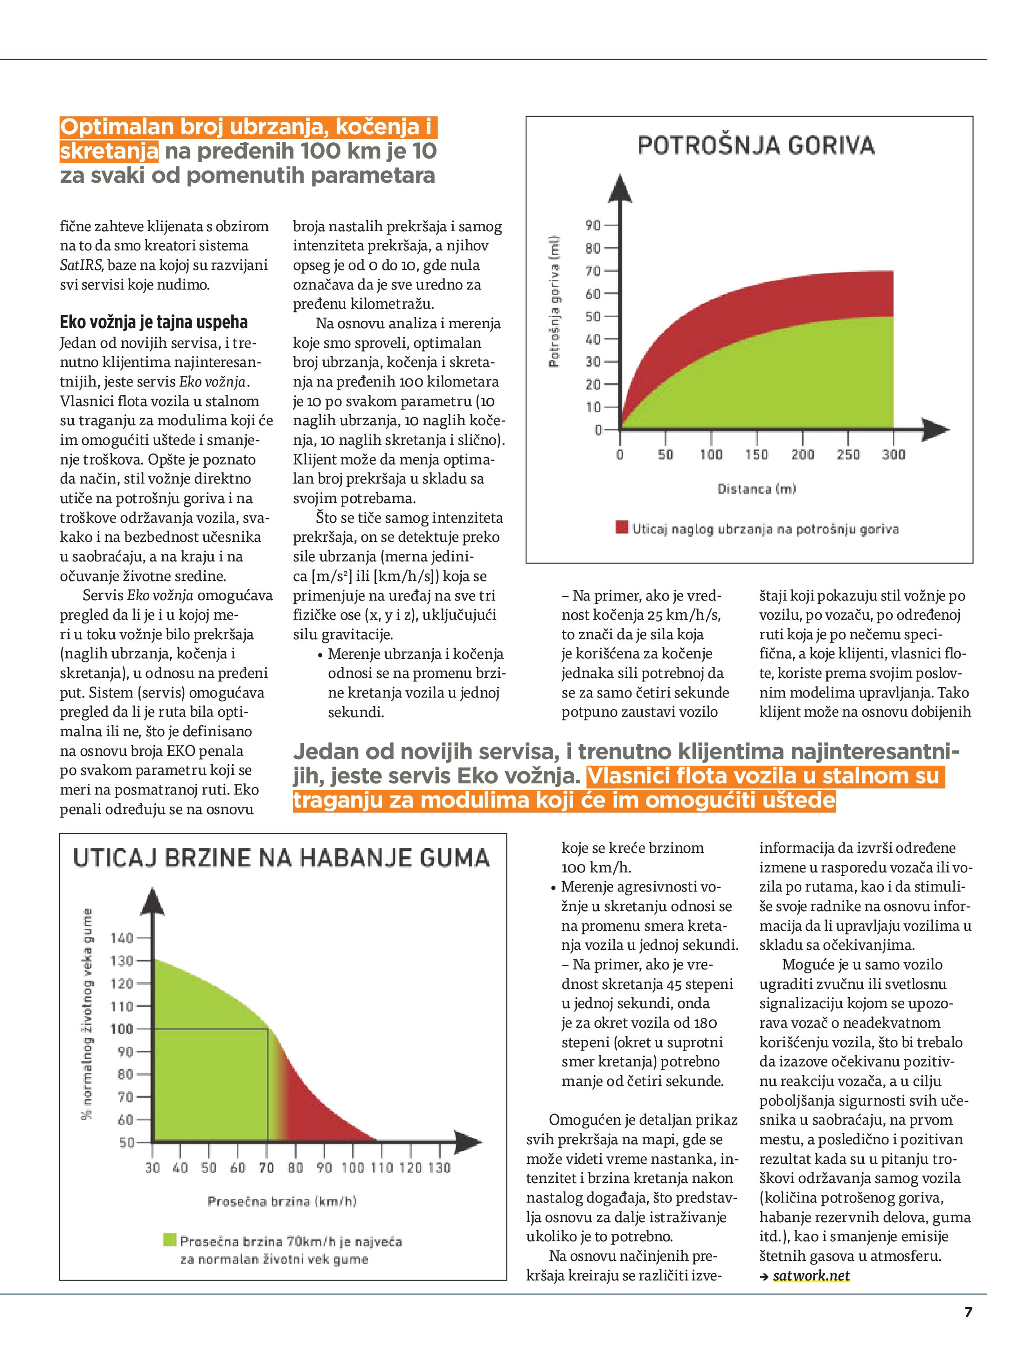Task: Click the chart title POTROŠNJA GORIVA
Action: [756, 145]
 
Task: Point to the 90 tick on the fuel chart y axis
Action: [593, 226]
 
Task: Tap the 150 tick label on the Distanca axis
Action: [756, 455]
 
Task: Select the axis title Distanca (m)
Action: [756, 489]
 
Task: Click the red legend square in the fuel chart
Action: [621, 527]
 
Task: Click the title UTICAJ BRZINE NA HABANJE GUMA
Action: [282, 858]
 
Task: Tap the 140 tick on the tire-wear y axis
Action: [121, 938]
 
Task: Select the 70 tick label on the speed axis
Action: [266, 1168]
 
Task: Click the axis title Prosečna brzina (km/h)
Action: [282, 1201]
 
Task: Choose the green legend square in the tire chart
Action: [169, 1240]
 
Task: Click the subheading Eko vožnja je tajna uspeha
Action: [153, 322]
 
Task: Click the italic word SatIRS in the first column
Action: [81, 265]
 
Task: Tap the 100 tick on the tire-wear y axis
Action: [121, 1029]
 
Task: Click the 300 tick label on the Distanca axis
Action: [893, 455]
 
